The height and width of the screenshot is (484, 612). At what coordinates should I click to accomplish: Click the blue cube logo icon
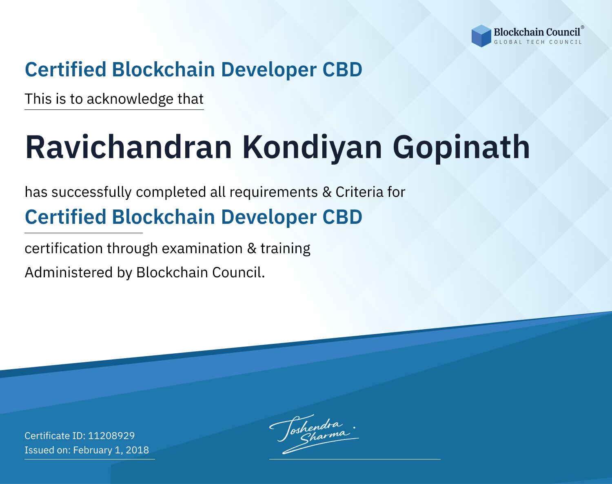tap(481, 36)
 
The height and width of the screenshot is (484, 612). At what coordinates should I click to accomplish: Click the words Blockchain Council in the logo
tap(537, 32)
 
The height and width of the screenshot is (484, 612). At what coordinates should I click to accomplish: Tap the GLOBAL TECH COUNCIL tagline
tap(538, 42)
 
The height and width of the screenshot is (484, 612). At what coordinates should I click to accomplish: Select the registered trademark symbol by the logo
tap(583, 27)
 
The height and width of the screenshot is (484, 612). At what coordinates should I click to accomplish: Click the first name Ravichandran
tap(129, 147)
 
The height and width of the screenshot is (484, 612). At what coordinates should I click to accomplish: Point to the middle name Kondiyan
tap(312, 148)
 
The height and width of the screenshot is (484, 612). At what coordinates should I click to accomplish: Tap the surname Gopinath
tap(461, 148)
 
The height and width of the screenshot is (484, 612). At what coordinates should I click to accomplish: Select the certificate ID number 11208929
tap(111, 435)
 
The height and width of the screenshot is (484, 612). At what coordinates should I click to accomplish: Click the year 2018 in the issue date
tap(137, 450)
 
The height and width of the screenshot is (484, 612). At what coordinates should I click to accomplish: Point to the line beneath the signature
tap(355, 459)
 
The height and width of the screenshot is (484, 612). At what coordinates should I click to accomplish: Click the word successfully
tap(91, 192)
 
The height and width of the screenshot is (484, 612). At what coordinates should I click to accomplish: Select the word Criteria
tap(359, 192)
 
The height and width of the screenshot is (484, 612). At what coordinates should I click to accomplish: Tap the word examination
tap(202, 248)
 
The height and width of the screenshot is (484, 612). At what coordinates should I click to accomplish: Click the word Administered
tap(69, 272)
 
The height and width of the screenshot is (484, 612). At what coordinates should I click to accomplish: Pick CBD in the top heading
tap(342, 69)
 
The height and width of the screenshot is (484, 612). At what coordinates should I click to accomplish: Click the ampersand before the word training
tap(252, 248)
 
